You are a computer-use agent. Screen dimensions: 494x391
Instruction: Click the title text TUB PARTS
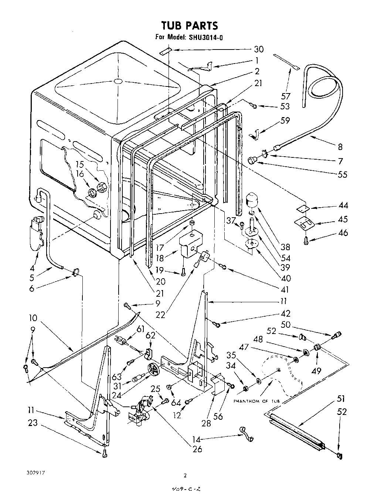tap(189, 25)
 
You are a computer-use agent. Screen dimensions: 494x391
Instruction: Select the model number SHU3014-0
tap(206, 37)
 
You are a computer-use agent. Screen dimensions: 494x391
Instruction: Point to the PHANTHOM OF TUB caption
tap(256, 401)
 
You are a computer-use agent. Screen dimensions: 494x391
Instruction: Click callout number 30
tap(258, 50)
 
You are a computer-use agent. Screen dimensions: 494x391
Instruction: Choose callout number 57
tap(286, 96)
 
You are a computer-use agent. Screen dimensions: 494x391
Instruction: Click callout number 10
tap(33, 317)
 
